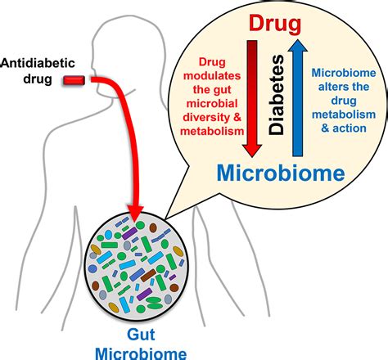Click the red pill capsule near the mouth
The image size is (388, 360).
[76, 79]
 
